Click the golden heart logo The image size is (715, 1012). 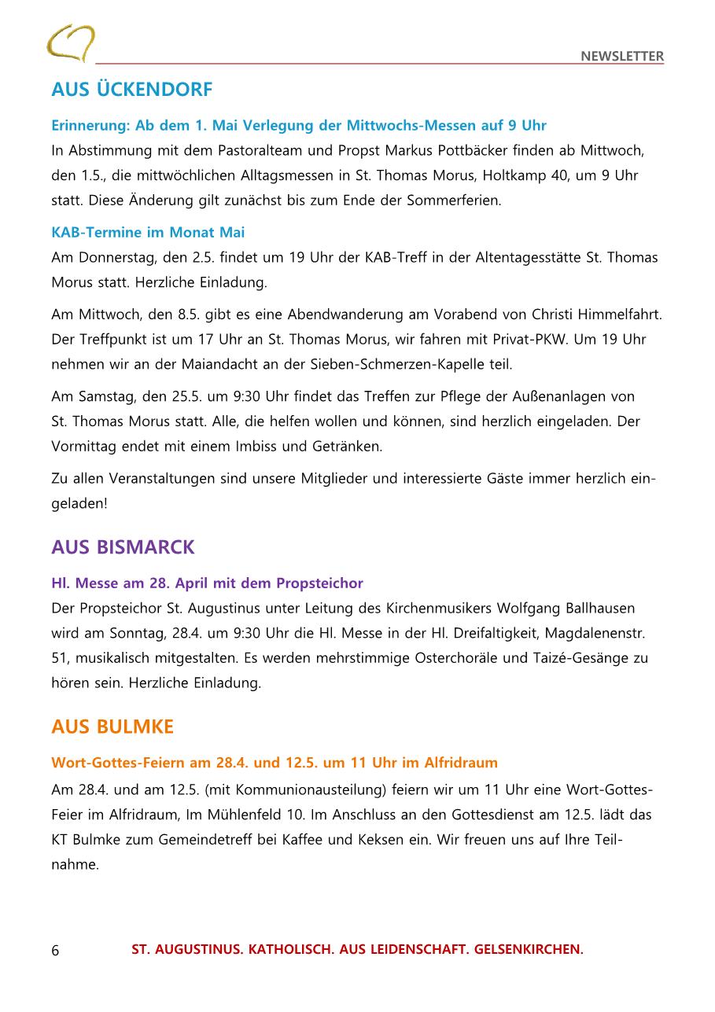click(71, 42)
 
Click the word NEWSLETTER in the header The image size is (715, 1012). click(622, 56)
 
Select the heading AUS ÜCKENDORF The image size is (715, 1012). click(131, 90)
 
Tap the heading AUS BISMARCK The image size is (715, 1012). click(123, 547)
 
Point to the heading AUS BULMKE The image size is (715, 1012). click(112, 727)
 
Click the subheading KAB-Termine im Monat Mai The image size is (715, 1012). click(148, 232)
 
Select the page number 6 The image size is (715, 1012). click(55, 950)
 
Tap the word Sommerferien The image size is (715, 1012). click(454, 200)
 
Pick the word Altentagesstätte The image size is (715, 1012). click(504, 257)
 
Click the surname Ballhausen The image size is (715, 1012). click(595, 608)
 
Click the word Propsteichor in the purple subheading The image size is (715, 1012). click(319, 583)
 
